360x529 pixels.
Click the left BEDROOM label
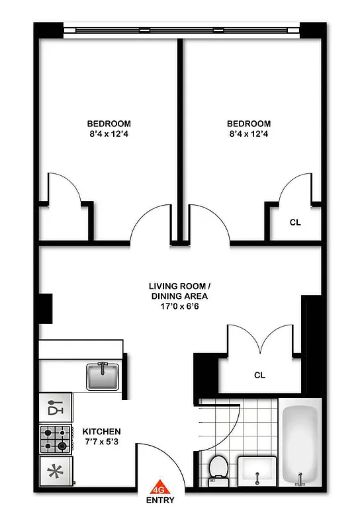coord(109,124)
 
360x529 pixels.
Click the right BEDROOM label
coord(249,124)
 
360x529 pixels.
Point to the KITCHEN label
coord(102,431)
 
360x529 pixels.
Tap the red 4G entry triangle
coord(159,488)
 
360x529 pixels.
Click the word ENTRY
coord(160,501)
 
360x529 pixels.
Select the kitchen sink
coord(103,376)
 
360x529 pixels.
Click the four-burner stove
coord(56,438)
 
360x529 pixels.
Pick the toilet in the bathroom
coord(216,468)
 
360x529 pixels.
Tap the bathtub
coord(300,445)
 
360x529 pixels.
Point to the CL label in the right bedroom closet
coord(295,222)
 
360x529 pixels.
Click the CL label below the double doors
coord(259,375)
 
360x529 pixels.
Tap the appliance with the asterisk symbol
coord(56,471)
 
